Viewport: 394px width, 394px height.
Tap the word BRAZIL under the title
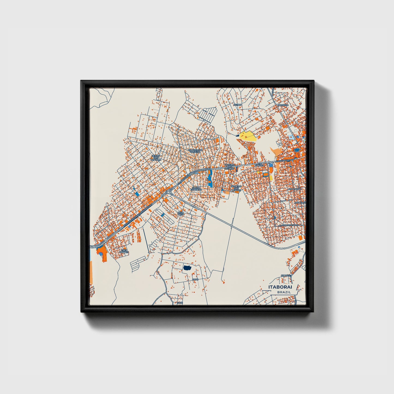point(284,292)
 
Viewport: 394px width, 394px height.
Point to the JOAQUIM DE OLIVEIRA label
point(196,151)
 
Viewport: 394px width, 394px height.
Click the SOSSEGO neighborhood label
point(283,105)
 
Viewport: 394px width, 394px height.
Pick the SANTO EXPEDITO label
point(196,188)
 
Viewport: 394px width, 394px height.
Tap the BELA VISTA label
point(181,213)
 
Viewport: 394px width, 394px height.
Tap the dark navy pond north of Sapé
point(187,268)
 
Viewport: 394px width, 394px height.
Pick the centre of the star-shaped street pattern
point(275,218)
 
